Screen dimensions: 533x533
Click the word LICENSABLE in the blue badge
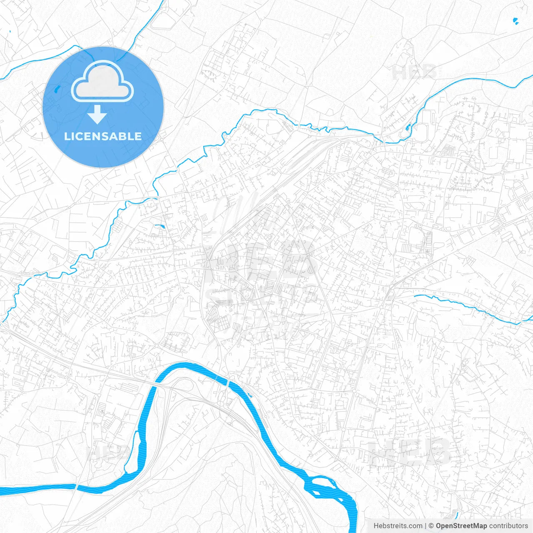[103, 136]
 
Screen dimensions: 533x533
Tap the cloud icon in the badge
[102, 81]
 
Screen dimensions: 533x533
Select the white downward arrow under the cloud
[97, 115]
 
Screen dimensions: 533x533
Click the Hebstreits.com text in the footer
[398, 526]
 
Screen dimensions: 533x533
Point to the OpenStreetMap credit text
[461, 526]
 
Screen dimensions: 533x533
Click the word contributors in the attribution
[508, 526]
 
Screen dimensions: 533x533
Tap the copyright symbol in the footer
[431, 526]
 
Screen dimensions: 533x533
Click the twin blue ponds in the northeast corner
[516, 21]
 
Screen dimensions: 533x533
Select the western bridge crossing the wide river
[154, 385]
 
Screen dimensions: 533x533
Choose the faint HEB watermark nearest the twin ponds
[414, 72]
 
